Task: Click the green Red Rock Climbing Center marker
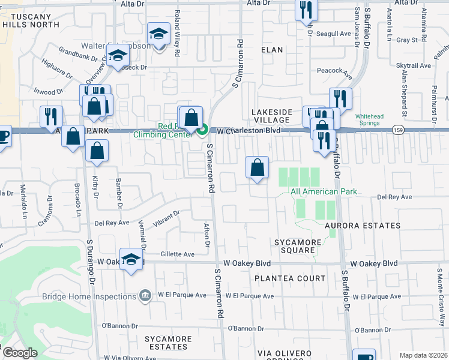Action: click(x=203, y=129)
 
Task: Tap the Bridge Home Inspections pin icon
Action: click(x=145, y=296)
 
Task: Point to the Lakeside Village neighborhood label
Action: click(x=272, y=116)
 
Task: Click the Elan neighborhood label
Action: click(x=272, y=50)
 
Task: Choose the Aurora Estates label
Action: click(x=363, y=226)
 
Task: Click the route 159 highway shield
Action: click(x=398, y=129)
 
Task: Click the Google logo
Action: click(x=20, y=353)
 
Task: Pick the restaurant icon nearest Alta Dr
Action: click(x=306, y=9)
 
